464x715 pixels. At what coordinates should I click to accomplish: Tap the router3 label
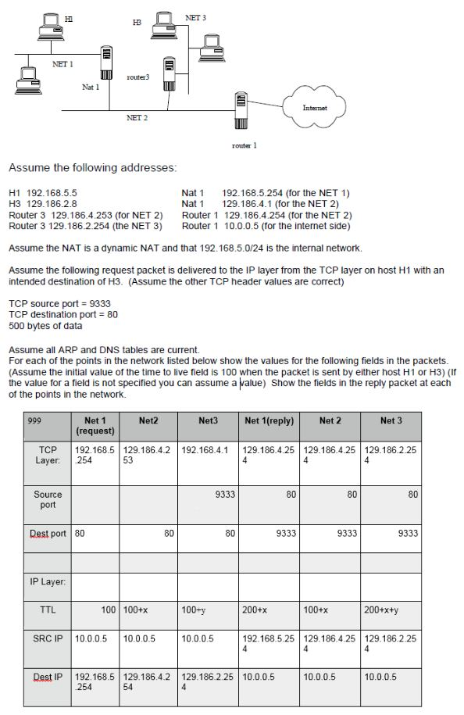coord(137,77)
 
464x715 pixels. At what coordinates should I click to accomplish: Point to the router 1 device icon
coord(241,110)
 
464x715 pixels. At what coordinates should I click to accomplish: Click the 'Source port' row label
coord(48,499)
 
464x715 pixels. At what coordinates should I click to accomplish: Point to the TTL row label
coord(48,607)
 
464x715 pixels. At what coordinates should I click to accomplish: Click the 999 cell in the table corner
coord(34,420)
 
